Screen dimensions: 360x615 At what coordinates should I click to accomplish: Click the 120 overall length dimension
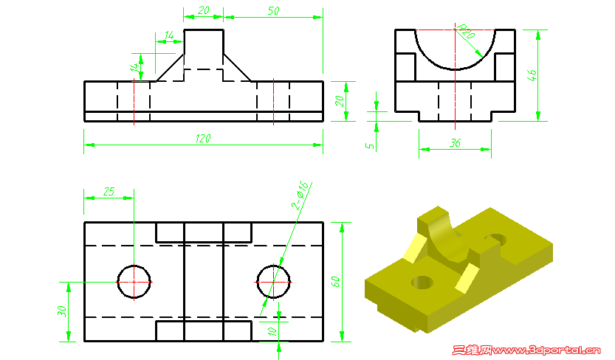click(x=203, y=139)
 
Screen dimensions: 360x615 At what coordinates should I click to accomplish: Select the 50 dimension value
click(x=272, y=11)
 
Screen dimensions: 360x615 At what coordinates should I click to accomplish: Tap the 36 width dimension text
click(x=455, y=144)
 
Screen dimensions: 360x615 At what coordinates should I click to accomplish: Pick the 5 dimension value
click(x=371, y=145)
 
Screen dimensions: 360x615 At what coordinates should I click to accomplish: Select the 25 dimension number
click(x=109, y=192)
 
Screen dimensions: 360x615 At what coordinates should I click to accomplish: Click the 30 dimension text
click(x=62, y=311)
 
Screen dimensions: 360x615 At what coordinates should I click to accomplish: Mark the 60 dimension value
click(x=335, y=282)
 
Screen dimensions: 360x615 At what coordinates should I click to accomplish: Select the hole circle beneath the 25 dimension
click(x=134, y=282)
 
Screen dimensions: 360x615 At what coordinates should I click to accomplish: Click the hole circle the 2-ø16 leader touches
click(x=273, y=282)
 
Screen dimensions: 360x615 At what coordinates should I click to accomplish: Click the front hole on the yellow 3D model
click(x=422, y=281)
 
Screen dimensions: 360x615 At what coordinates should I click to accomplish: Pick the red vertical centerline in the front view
click(x=273, y=101)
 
